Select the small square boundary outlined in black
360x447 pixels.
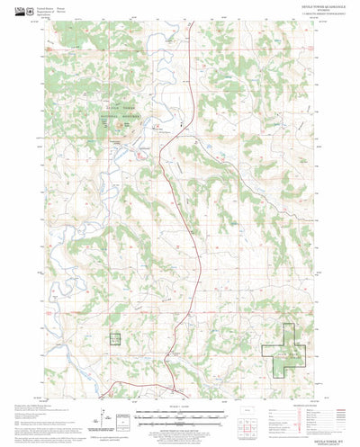tap(116, 338)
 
